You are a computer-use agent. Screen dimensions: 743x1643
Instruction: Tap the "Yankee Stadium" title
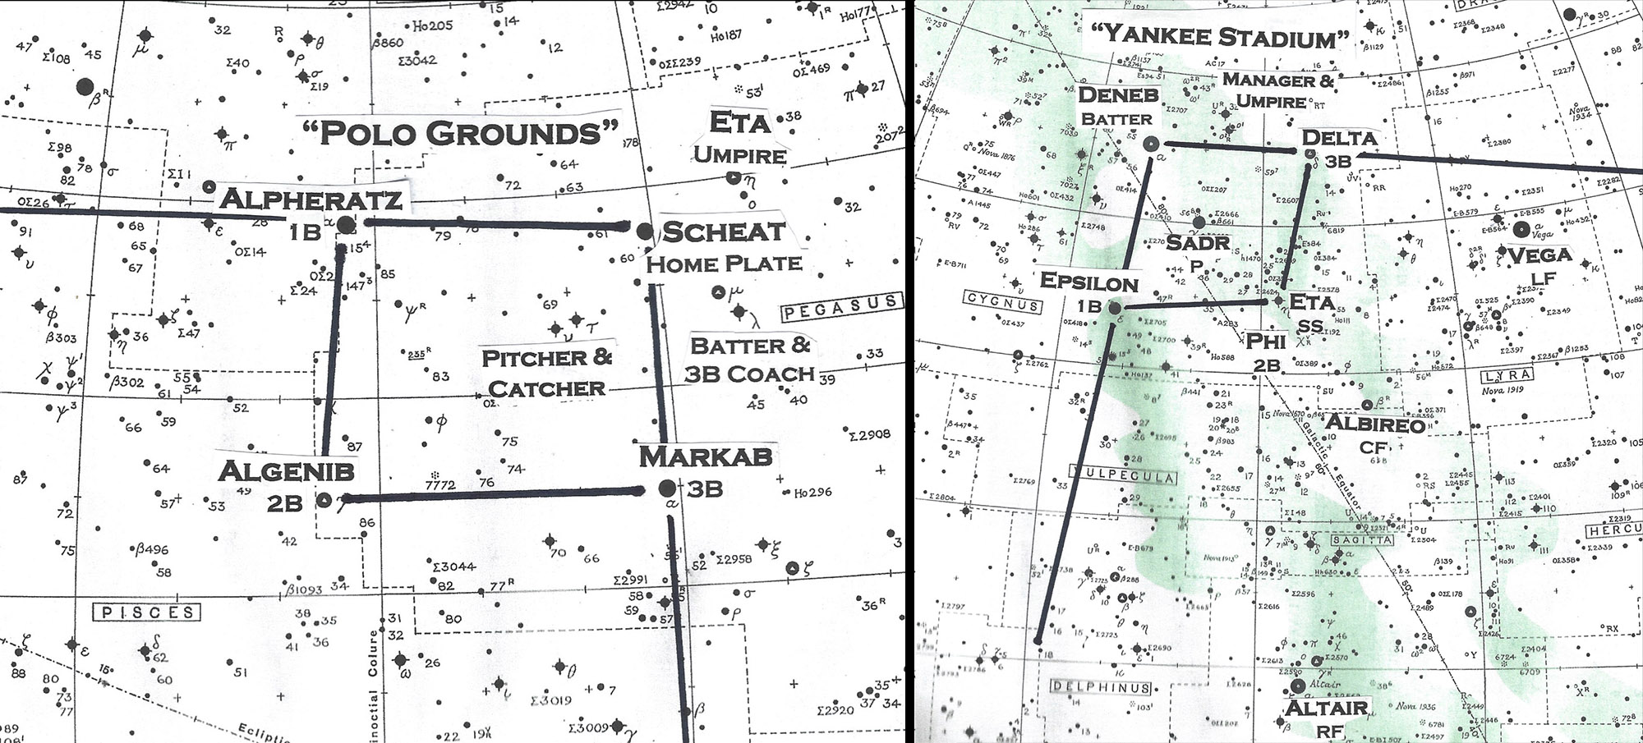point(1221,35)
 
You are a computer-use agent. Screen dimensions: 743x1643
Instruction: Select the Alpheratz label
point(311,200)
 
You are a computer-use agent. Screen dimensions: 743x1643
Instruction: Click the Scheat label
point(723,232)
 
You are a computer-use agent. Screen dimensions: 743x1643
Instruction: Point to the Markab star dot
point(667,489)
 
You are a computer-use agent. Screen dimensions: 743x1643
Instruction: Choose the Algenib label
point(286,471)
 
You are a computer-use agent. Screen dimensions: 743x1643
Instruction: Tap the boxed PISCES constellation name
point(148,612)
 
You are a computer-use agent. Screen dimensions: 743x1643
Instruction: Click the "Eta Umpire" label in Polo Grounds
point(739,138)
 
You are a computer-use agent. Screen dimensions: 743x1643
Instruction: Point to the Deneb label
point(1118,95)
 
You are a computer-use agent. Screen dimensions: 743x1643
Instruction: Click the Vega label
point(1539,255)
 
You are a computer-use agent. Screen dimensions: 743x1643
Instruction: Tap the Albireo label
point(1375,424)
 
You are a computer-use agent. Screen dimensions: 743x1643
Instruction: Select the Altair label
point(1326,708)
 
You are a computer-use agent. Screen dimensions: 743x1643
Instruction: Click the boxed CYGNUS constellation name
point(1002,303)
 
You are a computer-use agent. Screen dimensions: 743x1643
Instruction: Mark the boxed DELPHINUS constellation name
point(1101,687)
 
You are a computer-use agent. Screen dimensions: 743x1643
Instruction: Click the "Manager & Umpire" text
point(1277,90)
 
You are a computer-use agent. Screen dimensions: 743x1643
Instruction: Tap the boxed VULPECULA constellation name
point(1122,475)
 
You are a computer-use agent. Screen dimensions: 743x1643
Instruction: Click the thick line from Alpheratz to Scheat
point(493,223)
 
